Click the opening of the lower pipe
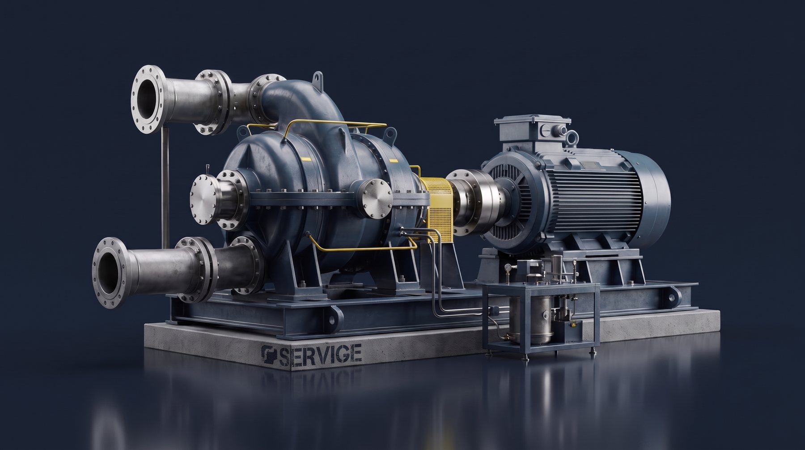click(109, 269)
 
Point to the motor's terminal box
click(532, 129)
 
